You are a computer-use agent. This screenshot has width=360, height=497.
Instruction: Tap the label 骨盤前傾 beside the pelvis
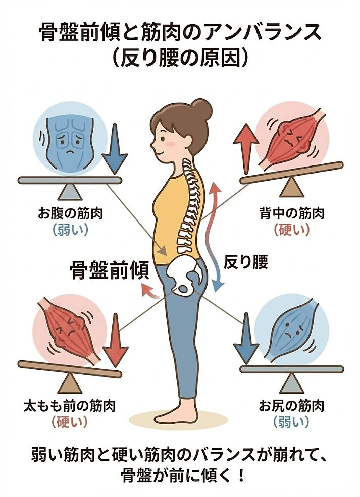pos(109,271)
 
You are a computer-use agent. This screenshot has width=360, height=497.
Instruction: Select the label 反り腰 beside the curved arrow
pos(245,262)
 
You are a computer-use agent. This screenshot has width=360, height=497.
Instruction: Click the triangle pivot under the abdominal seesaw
pos(70,192)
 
